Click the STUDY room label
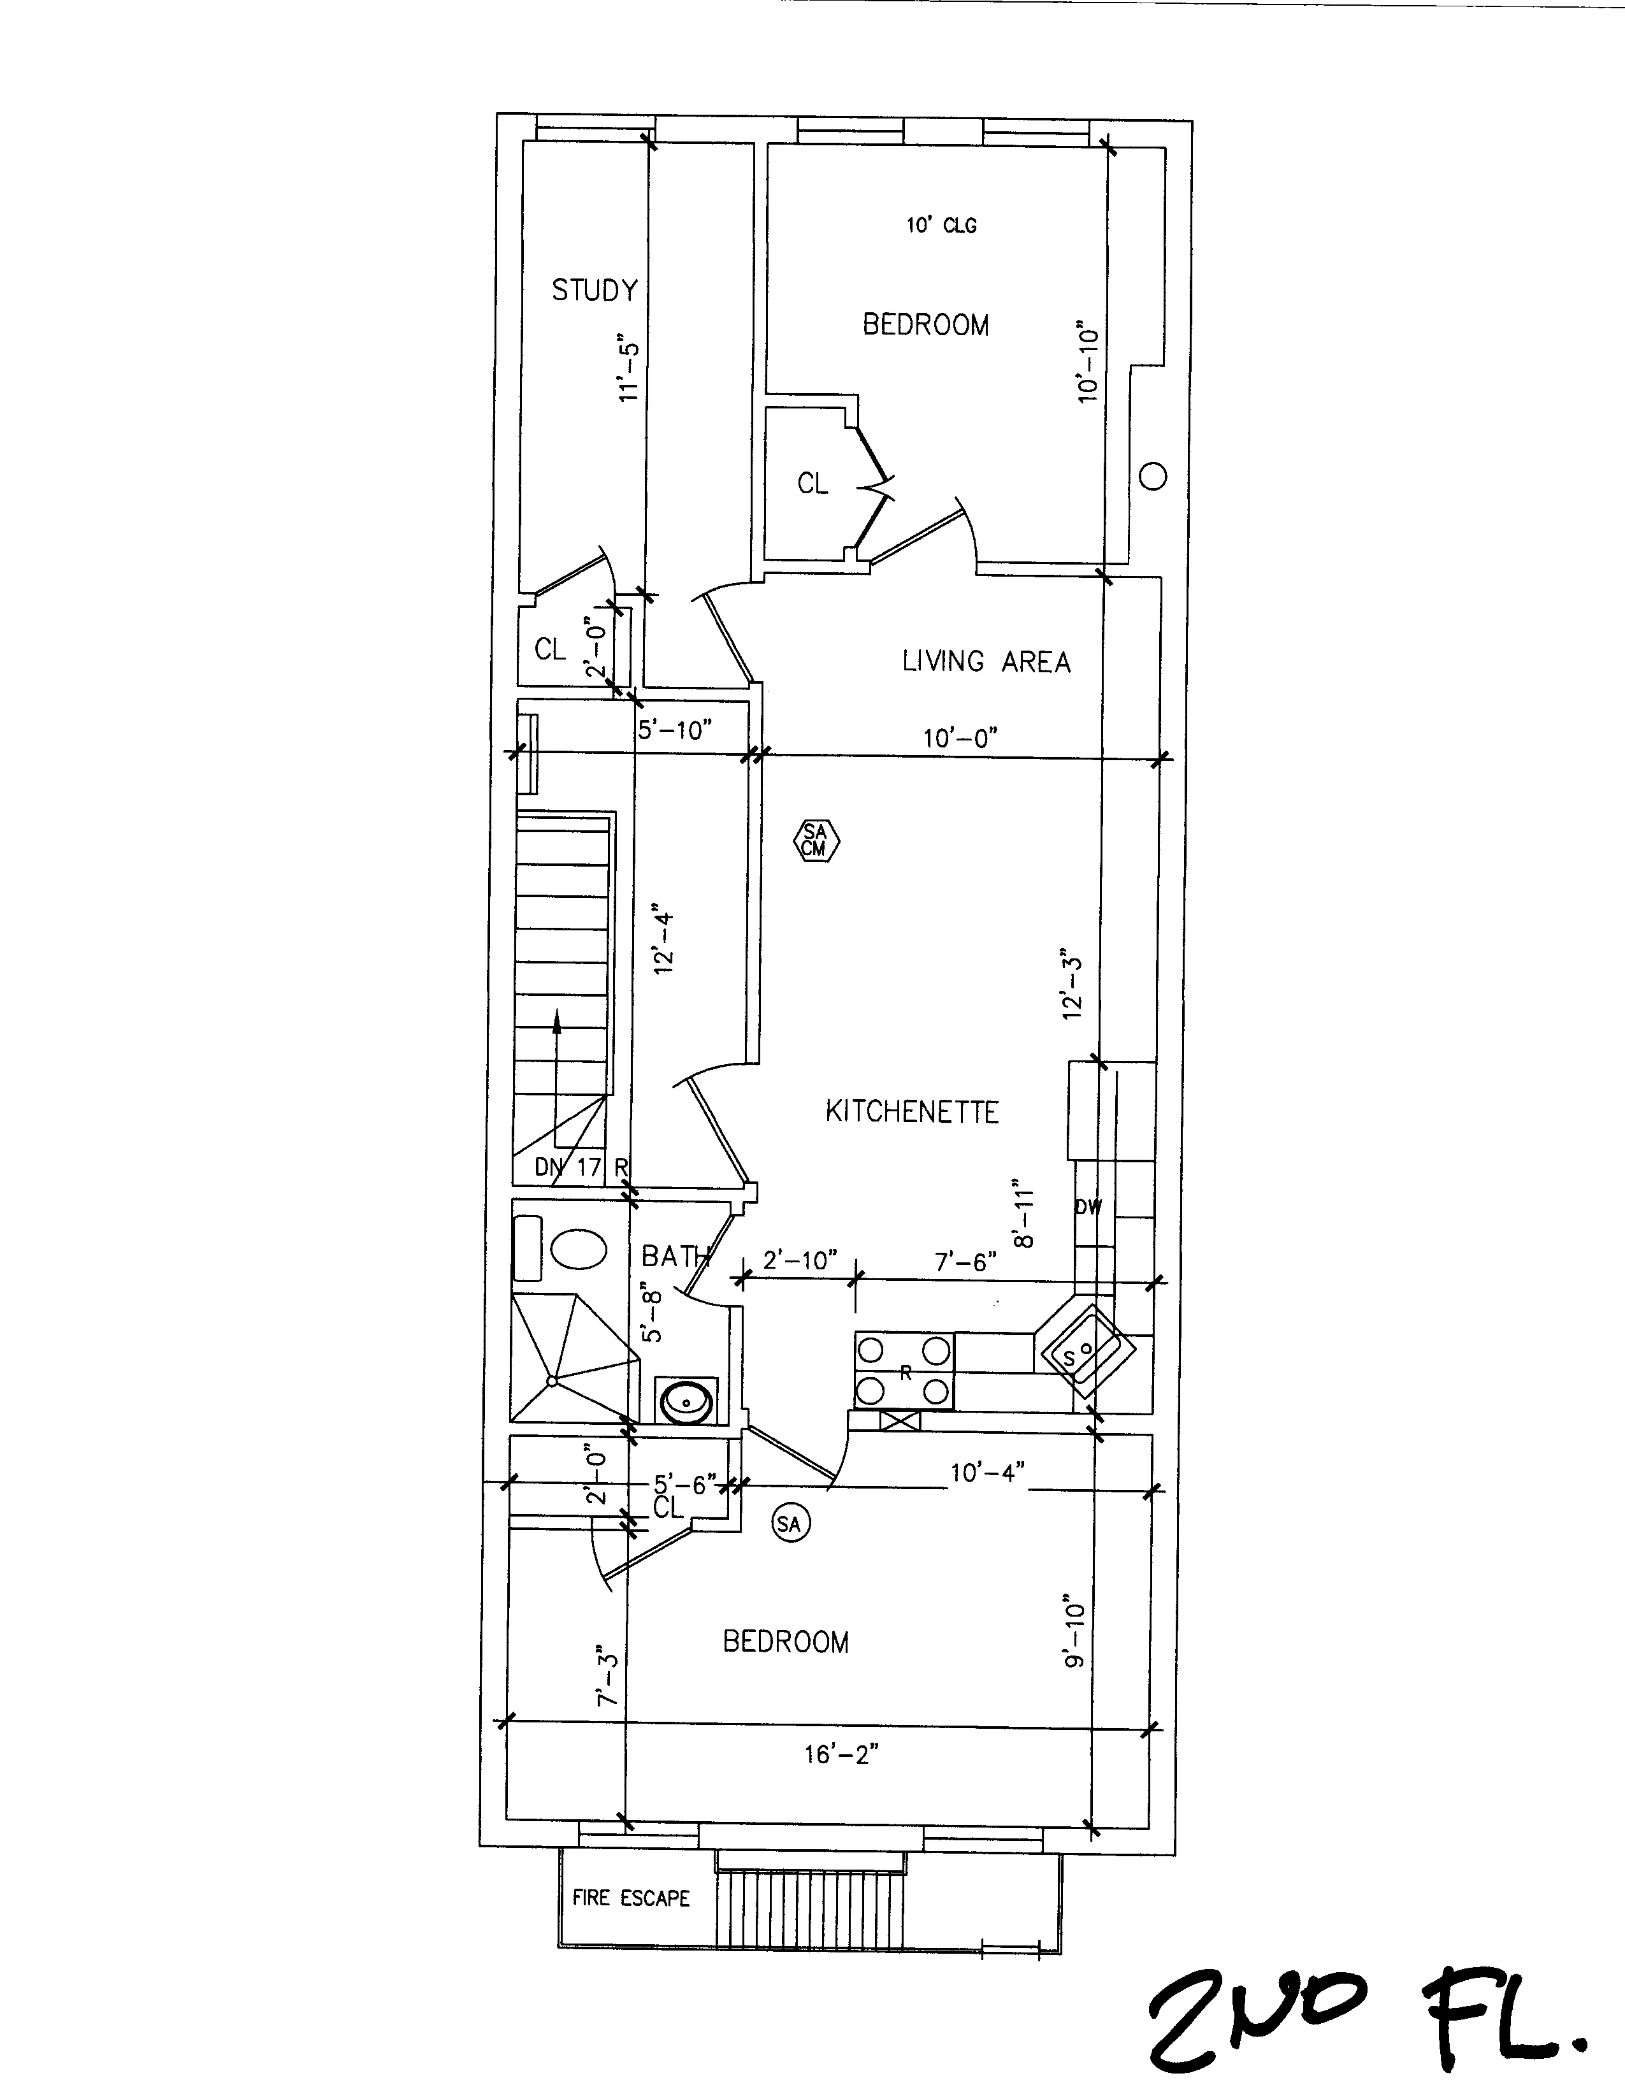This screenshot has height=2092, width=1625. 594,289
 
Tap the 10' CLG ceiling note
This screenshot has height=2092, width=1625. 941,225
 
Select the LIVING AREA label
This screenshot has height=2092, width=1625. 986,661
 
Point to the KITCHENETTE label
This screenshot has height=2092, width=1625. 911,1111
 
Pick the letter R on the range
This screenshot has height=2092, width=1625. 904,1373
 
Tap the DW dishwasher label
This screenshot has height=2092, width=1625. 1088,1207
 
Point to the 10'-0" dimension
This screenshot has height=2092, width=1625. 960,737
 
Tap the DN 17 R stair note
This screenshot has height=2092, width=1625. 581,1167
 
